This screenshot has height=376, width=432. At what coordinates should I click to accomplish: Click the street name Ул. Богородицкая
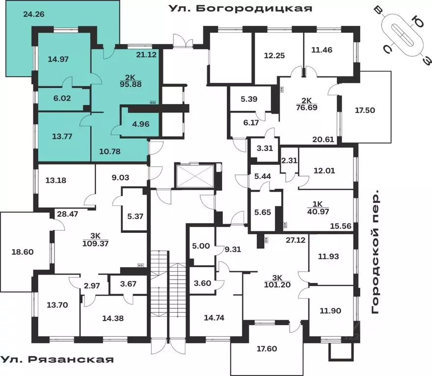[240, 8]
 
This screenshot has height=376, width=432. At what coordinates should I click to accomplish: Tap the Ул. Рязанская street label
[57, 359]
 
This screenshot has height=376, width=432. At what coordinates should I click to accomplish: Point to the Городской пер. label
[375, 251]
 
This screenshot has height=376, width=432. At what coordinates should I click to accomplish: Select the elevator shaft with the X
[195, 176]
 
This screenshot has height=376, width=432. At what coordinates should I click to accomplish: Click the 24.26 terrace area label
[34, 14]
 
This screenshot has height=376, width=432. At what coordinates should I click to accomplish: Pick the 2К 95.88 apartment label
[131, 81]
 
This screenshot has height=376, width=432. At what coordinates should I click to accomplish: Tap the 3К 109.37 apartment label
[96, 240]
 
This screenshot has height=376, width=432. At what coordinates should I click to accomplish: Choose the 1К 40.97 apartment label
[318, 208]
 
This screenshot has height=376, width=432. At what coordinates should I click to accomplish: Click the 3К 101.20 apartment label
[277, 281]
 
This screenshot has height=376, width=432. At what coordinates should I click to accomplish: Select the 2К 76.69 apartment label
[307, 104]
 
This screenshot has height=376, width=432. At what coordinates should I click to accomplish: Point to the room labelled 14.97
[58, 59]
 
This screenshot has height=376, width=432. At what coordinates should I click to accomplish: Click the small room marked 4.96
[141, 124]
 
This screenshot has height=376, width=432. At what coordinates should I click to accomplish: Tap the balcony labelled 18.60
[23, 252]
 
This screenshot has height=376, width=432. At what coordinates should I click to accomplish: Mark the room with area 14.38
[113, 319]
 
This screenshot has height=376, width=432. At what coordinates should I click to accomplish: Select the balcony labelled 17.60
[267, 349]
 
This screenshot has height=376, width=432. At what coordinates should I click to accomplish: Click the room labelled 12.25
[274, 55]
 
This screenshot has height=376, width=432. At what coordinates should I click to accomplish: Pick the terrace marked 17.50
[365, 110]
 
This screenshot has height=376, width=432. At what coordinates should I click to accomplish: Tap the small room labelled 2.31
[289, 160]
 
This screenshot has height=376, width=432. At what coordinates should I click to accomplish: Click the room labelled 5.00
[201, 246]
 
